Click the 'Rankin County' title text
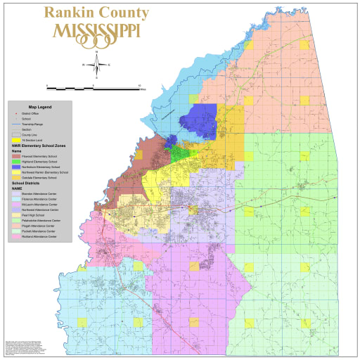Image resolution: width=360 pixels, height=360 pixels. (x=96, y=13)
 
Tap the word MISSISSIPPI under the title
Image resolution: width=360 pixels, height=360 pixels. (x=96, y=32)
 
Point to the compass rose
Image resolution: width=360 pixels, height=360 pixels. (x=96, y=64)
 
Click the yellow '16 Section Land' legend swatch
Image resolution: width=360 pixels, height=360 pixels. (x=15, y=142)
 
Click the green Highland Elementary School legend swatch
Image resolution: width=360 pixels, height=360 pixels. (x=15, y=162)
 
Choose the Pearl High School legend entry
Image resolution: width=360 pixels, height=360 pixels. (x=35, y=214)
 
